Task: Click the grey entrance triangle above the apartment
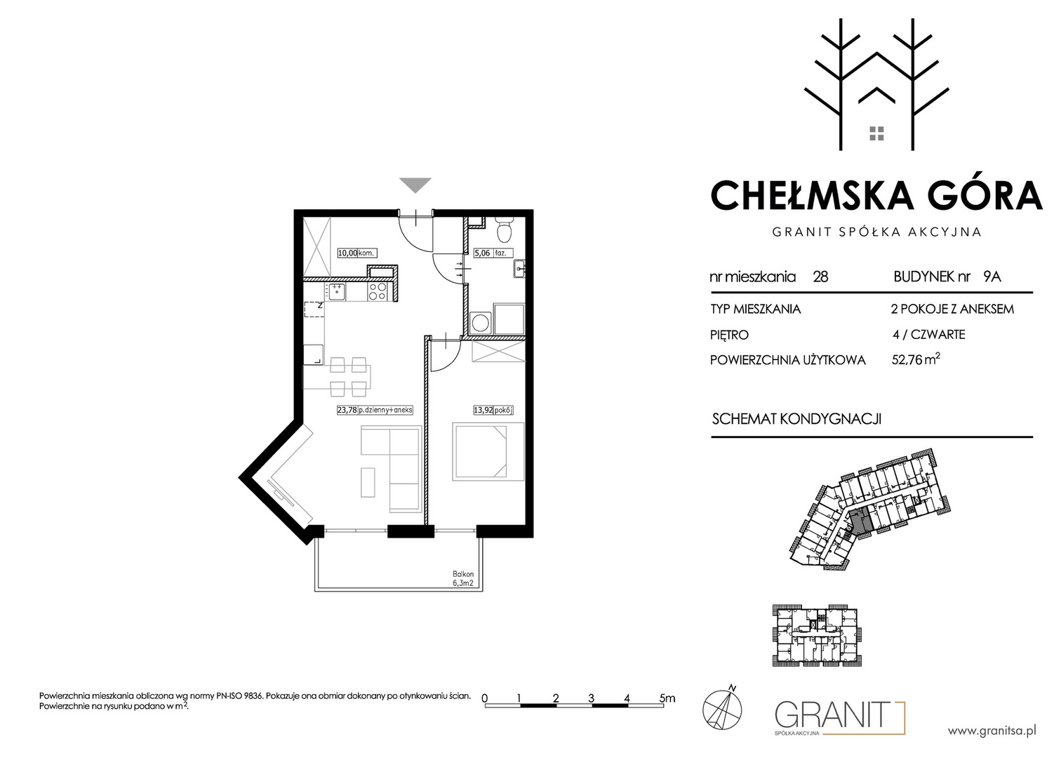tap(415, 185)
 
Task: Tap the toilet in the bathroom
tap(503, 230)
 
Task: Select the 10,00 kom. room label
tap(357, 253)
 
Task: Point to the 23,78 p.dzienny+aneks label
tap(375, 410)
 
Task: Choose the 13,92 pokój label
tap(493, 410)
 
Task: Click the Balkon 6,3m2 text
tap(462, 578)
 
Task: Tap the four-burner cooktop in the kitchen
tap(378, 291)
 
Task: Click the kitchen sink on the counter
tap(335, 291)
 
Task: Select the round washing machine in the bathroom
tap(481, 323)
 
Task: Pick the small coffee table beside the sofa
tap(368, 482)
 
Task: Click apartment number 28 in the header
tap(820, 277)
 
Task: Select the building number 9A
tap(992, 277)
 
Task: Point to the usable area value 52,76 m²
tap(916, 359)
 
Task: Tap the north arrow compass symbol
tap(722, 707)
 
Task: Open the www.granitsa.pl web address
tap(992, 731)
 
